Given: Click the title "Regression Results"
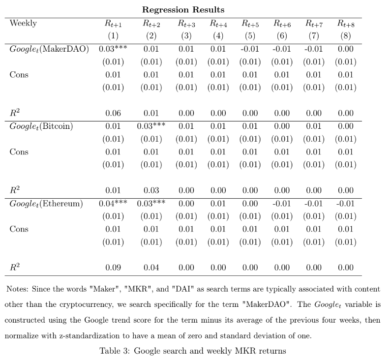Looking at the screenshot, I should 183,9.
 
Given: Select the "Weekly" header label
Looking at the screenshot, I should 23,23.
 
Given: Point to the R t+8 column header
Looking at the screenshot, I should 346,23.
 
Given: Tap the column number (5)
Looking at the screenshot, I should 250,36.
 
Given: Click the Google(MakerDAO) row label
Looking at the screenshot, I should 49,49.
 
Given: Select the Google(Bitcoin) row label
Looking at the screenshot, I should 41,126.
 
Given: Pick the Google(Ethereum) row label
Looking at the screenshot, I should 46,204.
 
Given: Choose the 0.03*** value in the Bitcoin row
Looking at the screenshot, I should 151,126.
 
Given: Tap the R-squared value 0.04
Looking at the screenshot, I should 151,268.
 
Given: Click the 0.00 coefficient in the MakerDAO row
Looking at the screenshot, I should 346,49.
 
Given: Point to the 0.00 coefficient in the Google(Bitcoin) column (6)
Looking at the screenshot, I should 282,126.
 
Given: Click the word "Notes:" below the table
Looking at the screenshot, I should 18,289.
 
